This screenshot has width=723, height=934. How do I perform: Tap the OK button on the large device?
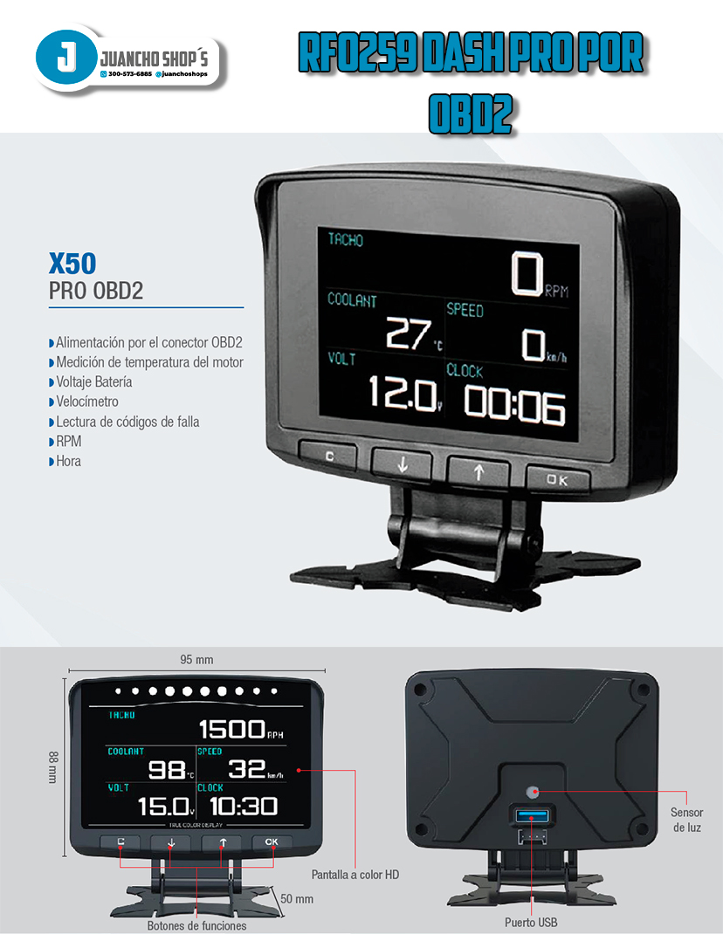556,478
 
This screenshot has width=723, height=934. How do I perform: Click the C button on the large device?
328,456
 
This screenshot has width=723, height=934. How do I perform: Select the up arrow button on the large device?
479,471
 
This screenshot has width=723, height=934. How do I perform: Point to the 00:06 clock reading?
514,404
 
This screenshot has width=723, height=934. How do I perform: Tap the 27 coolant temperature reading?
409,333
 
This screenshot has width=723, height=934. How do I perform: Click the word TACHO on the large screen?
346,240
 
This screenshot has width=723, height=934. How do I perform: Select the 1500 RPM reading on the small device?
232,729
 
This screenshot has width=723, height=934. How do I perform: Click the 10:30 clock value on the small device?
244,806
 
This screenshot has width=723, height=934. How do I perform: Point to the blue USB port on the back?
532,817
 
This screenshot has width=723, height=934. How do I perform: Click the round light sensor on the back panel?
533,791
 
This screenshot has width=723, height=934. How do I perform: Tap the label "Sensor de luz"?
686,820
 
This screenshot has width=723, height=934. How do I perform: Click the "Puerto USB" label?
531,922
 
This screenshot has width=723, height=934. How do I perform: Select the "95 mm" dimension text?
196,660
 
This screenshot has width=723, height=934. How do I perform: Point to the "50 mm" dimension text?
297,898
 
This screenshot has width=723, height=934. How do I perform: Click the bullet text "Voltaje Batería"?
94,382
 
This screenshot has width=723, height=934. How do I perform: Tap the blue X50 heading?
72,264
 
